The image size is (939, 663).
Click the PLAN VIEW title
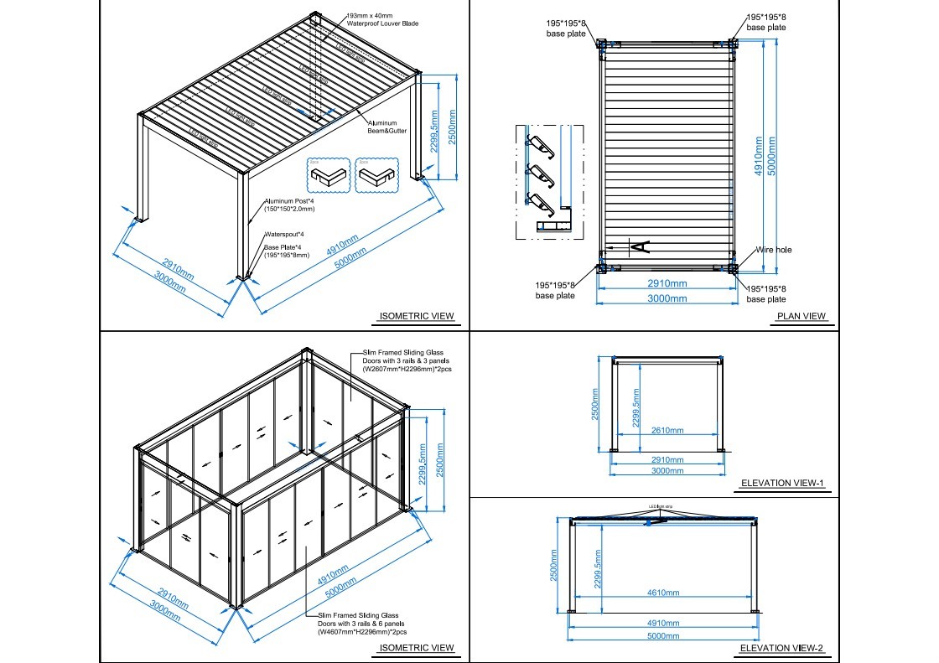click(802, 317)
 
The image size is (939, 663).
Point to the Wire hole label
click(773, 250)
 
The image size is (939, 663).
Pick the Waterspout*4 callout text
click(285, 234)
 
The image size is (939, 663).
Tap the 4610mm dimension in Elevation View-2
click(662, 593)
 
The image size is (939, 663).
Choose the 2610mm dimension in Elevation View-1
click(667, 431)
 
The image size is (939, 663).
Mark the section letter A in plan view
click(638, 246)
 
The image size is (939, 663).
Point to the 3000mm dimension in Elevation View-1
click(667, 471)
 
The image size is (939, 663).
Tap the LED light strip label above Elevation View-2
click(662, 506)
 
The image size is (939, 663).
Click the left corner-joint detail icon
click(326, 174)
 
